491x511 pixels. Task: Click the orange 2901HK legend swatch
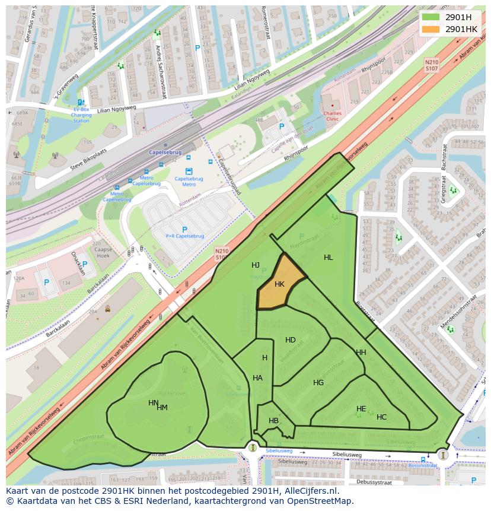click(x=431, y=29)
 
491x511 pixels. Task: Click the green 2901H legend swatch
click(x=431, y=17)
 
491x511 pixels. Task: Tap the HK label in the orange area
click(x=279, y=284)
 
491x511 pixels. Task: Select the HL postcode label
click(x=328, y=258)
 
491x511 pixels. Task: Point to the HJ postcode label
click(x=256, y=265)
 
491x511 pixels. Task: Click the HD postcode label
click(x=290, y=340)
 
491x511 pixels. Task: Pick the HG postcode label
click(x=318, y=383)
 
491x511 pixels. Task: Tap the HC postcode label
click(x=381, y=417)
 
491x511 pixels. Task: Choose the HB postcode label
click(x=273, y=421)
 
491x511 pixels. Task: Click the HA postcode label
click(x=257, y=378)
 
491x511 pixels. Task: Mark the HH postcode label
click(x=361, y=353)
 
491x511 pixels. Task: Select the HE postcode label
click(x=361, y=409)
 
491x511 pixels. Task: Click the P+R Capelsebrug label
click(x=184, y=236)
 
